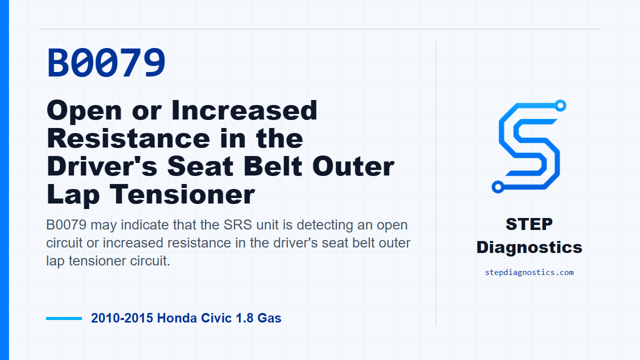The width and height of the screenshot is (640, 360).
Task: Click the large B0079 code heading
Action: [106, 62]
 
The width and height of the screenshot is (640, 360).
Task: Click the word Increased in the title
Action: [244, 110]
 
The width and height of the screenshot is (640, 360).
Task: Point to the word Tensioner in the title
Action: [182, 194]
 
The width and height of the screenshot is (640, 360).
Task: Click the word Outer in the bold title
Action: [353, 166]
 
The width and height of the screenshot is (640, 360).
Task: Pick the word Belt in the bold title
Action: [273, 166]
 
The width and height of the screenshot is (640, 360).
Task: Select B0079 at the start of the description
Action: [66, 225]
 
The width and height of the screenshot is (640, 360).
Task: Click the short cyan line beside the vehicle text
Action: [64, 318]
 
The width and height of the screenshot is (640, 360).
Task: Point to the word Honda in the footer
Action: [177, 318]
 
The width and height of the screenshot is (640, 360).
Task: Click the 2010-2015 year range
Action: [122, 318]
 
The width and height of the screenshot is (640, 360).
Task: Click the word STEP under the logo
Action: [529, 224]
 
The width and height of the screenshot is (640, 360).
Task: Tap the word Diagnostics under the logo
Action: [529, 247]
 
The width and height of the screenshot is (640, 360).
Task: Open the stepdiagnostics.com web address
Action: [529, 272]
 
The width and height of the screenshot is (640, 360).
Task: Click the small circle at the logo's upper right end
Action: [560, 105]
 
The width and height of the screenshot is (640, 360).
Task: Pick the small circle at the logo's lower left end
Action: [498, 187]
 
